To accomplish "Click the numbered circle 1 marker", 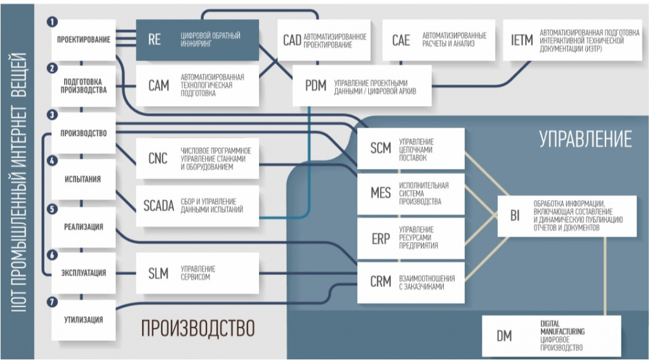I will pos(52,21).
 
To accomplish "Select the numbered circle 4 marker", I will pos(52,161).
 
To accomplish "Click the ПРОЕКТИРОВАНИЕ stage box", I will pos(84,39).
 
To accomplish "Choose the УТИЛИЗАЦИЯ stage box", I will pos(83,320).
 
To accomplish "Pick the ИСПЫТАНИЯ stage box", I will pos(83,180).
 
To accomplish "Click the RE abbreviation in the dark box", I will pos(154,40).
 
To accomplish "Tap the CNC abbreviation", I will pos(157,158).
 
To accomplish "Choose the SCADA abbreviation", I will pos(159,206).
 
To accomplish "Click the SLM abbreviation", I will pos(158,274).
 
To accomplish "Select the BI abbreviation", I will pos(514,216).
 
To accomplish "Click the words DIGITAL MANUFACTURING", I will pos(562,328).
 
